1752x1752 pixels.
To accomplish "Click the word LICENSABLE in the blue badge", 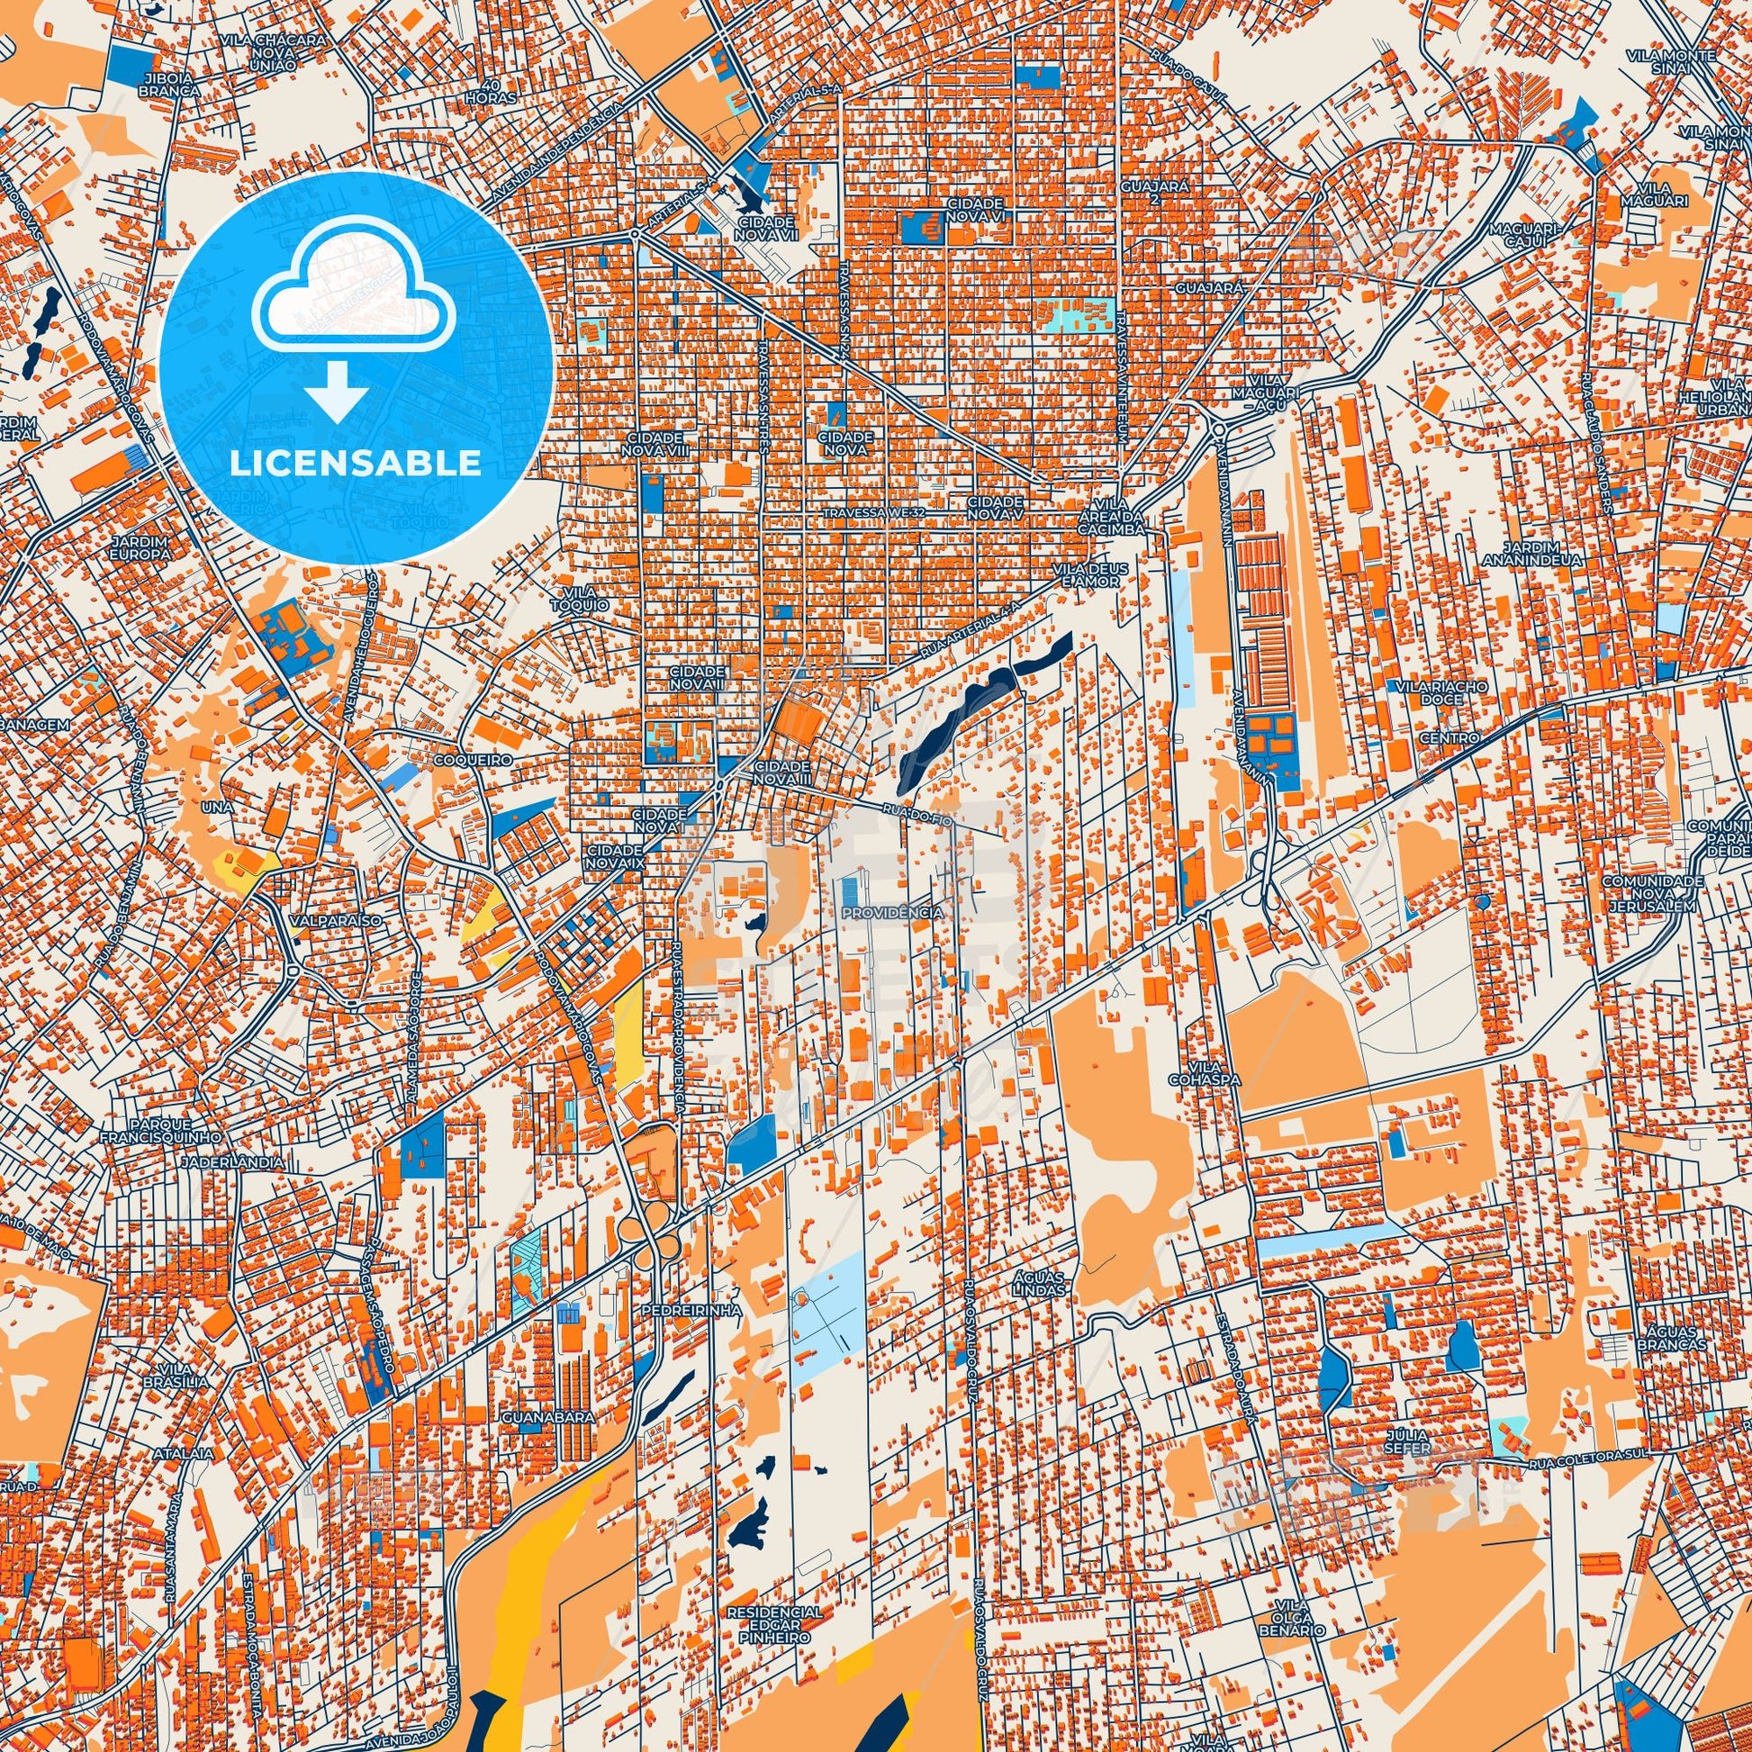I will pos(356,464).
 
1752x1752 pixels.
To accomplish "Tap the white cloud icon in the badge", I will pos(356,298).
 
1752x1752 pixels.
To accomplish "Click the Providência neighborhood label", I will pos(891,912).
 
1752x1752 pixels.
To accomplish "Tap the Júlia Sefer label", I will pos(1407,1467).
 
